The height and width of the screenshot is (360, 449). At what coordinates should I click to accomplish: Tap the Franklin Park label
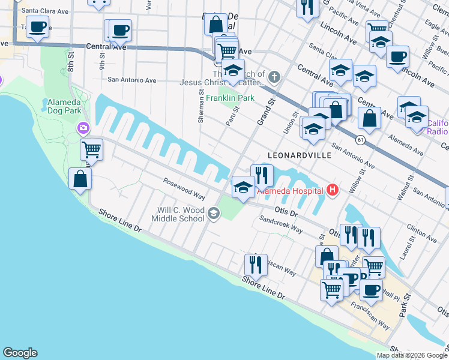231,98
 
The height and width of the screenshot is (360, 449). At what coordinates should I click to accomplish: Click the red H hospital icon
334,191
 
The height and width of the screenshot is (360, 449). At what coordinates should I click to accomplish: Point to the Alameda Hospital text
291,191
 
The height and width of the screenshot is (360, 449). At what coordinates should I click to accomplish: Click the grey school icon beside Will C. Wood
214,214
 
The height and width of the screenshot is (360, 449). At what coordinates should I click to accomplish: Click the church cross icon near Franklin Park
274,76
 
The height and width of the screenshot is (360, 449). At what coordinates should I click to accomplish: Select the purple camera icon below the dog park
83,128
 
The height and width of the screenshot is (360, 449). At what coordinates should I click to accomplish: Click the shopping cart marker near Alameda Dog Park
91,148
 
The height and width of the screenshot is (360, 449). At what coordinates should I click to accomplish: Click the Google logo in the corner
20,353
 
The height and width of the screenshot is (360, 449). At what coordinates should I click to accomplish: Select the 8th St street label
71,61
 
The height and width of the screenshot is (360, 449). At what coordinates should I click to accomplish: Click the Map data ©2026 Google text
412,355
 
